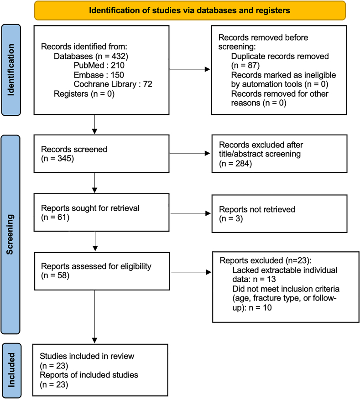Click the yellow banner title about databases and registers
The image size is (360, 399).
tap(189, 10)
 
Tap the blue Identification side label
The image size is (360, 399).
tap(11, 70)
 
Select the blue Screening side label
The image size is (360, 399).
tap(10, 234)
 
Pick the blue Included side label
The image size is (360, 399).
tap(11, 370)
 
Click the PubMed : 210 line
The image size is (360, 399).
tap(99, 65)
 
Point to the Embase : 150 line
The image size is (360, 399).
tap(99, 75)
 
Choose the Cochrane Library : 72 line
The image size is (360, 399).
tap(113, 84)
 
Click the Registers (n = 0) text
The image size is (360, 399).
tap(84, 93)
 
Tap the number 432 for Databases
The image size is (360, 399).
tap(118, 56)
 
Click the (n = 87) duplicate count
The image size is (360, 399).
tap(245, 65)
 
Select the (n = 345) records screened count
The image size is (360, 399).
tap(57, 159)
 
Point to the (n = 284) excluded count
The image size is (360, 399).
tap(235, 163)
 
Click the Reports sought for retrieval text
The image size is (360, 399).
tap(90, 208)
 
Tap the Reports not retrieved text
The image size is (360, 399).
tap(257, 209)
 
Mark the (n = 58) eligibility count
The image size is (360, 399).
tap(55, 275)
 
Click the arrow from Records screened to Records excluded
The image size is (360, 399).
tap(190, 153)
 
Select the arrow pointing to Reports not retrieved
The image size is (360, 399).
tap(191, 213)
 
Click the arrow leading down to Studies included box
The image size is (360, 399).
tap(94, 316)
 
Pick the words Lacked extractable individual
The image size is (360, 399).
tap(285, 270)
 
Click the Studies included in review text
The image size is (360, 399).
tap(87, 356)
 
